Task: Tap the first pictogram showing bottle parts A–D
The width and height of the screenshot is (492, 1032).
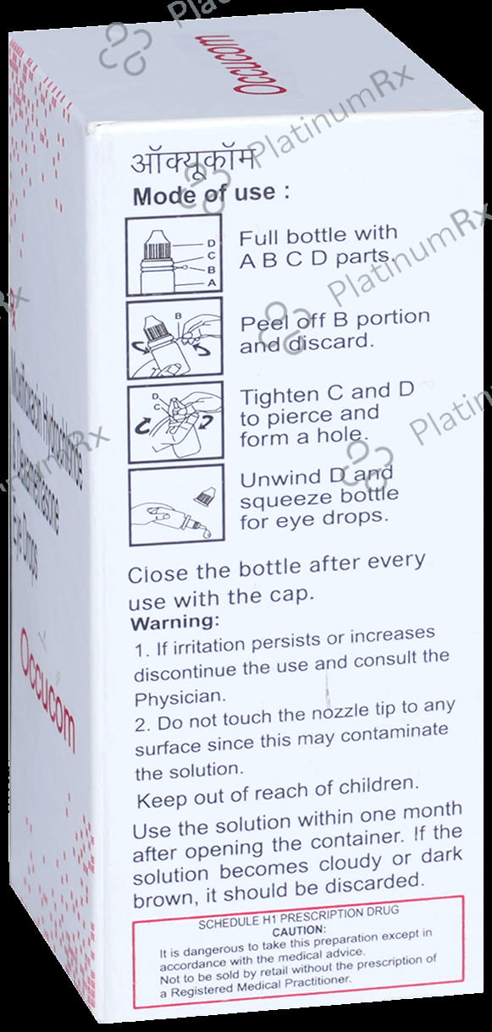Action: (174, 252)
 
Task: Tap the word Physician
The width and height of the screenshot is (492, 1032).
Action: (169, 699)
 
